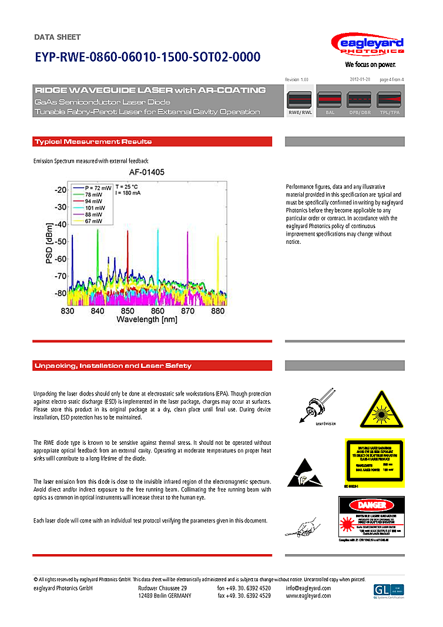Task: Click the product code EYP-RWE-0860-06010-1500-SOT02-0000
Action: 147,58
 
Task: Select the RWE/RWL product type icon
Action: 300,103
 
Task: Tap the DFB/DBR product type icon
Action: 360,103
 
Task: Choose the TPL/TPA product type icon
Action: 389,103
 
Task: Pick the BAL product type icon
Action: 330,103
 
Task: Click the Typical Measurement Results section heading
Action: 93,142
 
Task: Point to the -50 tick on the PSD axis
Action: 60,242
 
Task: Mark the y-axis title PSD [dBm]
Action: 50,243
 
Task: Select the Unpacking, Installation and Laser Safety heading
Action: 113,366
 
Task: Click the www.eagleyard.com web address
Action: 308,596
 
